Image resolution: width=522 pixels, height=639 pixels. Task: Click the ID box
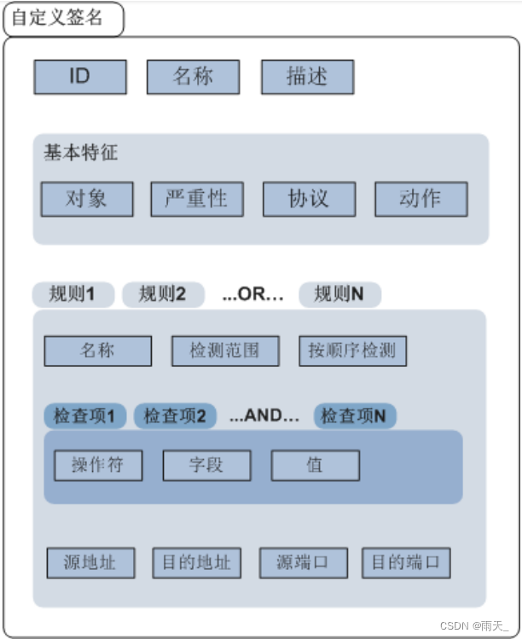80,77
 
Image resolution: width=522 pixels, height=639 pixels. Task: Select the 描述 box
307,77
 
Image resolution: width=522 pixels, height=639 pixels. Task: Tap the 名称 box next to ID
193,77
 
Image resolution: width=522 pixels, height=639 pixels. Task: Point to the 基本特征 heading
81,154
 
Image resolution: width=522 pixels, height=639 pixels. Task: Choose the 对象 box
87,200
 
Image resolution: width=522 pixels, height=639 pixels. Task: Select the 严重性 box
197,200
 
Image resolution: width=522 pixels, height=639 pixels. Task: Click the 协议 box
309,200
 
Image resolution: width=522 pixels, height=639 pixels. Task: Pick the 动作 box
420,200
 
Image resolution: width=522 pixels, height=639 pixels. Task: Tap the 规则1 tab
74,294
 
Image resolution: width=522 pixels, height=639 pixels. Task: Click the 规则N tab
339,294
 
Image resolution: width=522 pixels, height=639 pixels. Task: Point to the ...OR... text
252,294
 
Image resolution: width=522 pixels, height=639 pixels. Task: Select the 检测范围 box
225,351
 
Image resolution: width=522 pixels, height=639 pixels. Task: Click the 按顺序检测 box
353,351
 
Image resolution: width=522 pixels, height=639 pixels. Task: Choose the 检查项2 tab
175,415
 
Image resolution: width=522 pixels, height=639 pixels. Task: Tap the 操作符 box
98,466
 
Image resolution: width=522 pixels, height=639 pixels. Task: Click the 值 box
316,466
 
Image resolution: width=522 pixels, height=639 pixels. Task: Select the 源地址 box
90,563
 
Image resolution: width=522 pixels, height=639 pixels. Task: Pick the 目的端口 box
406,563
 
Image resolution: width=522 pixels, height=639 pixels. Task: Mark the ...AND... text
264,415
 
